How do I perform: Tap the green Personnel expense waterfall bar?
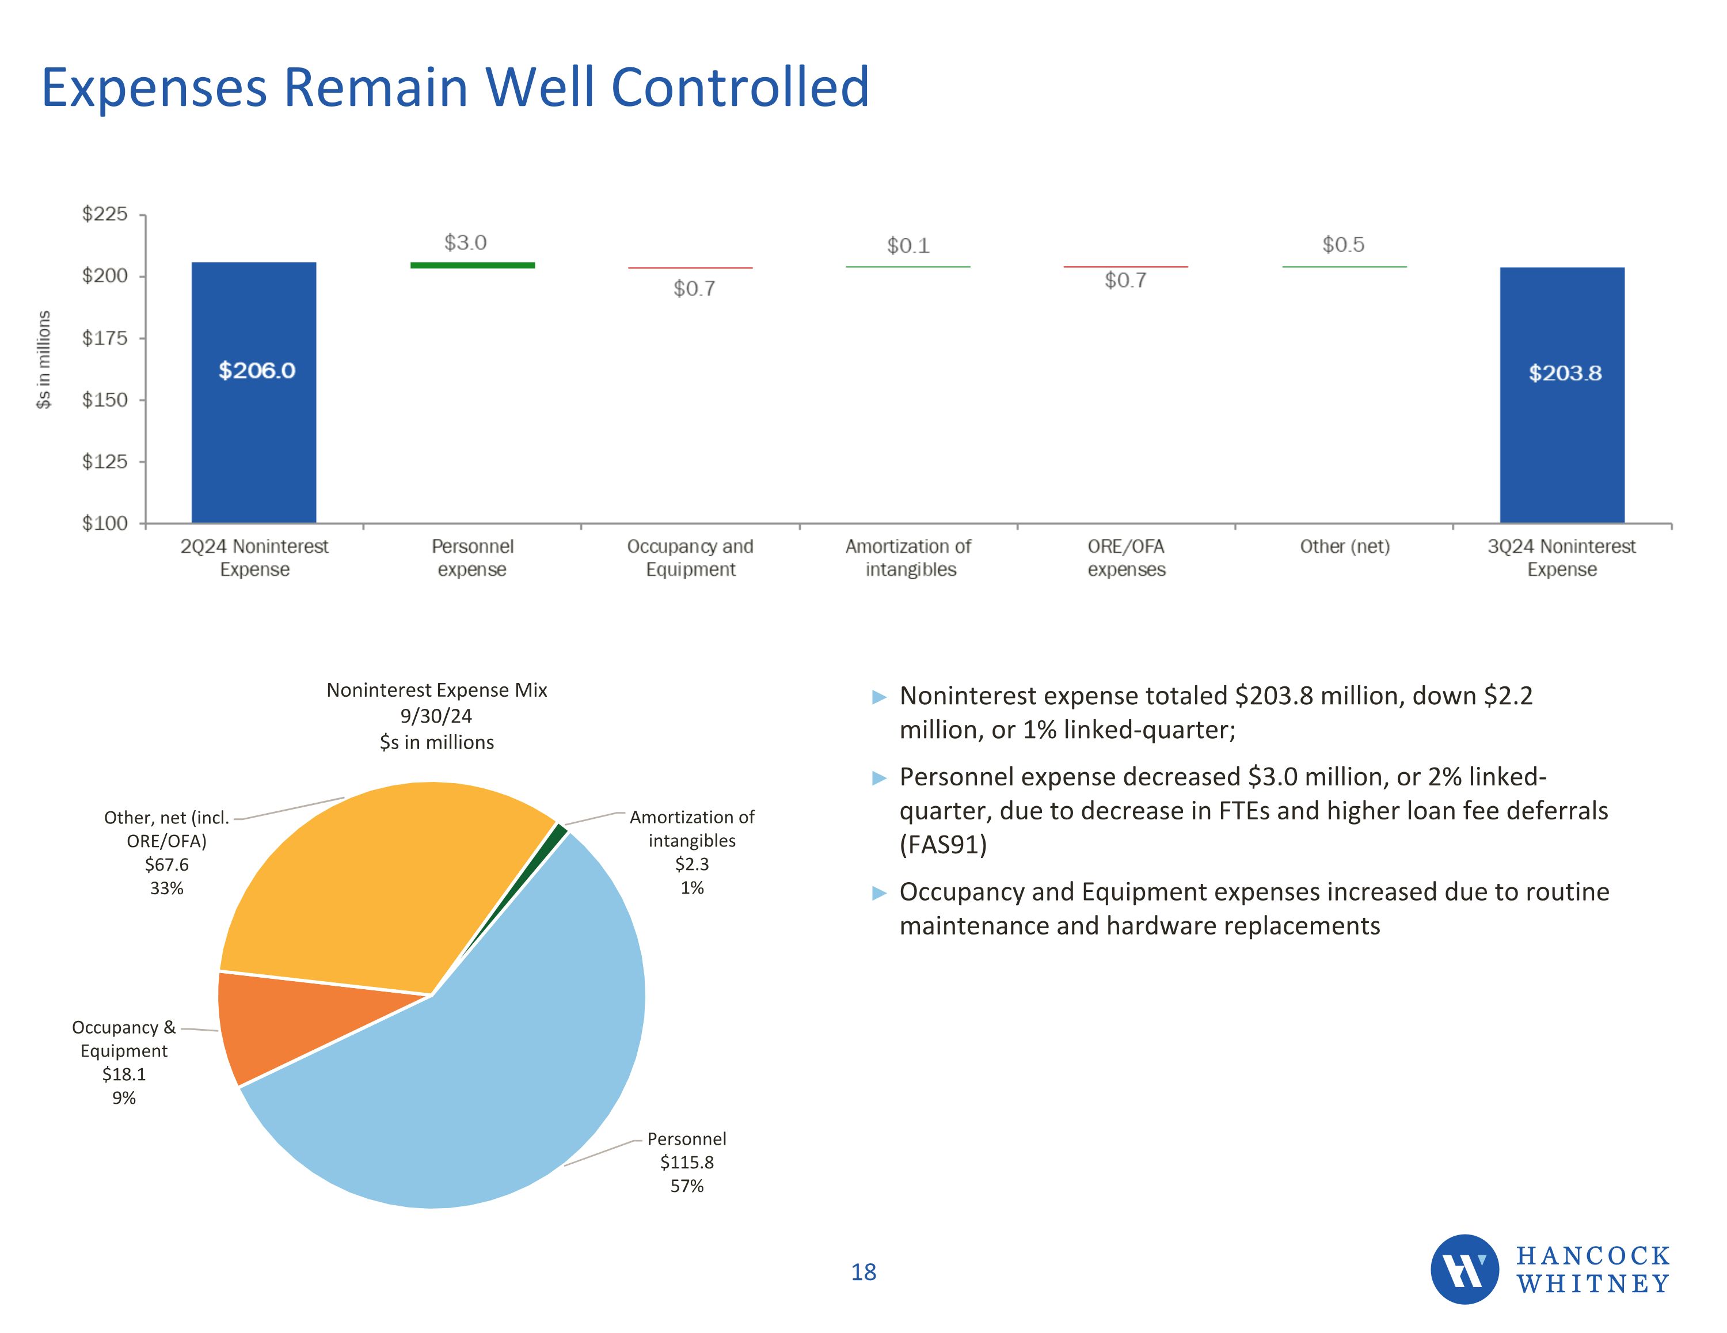[x=472, y=265]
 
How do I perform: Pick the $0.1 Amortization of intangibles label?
[x=908, y=246]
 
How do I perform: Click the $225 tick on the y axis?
[x=104, y=214]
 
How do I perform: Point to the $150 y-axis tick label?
[x=104, y=400]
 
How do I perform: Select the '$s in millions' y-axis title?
[x=44, y=359]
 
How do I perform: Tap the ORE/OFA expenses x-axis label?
[x=1126, y=558]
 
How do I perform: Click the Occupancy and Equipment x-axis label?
[x=690, y=558]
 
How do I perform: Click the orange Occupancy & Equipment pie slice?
[x=300, y=1020]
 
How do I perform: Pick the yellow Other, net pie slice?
[x=372, y=886]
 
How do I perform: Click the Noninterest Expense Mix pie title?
[x=436, y=690]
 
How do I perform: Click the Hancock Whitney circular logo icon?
[x=1464, y=1269]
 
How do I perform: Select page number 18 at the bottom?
[x=863, y=1272]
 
